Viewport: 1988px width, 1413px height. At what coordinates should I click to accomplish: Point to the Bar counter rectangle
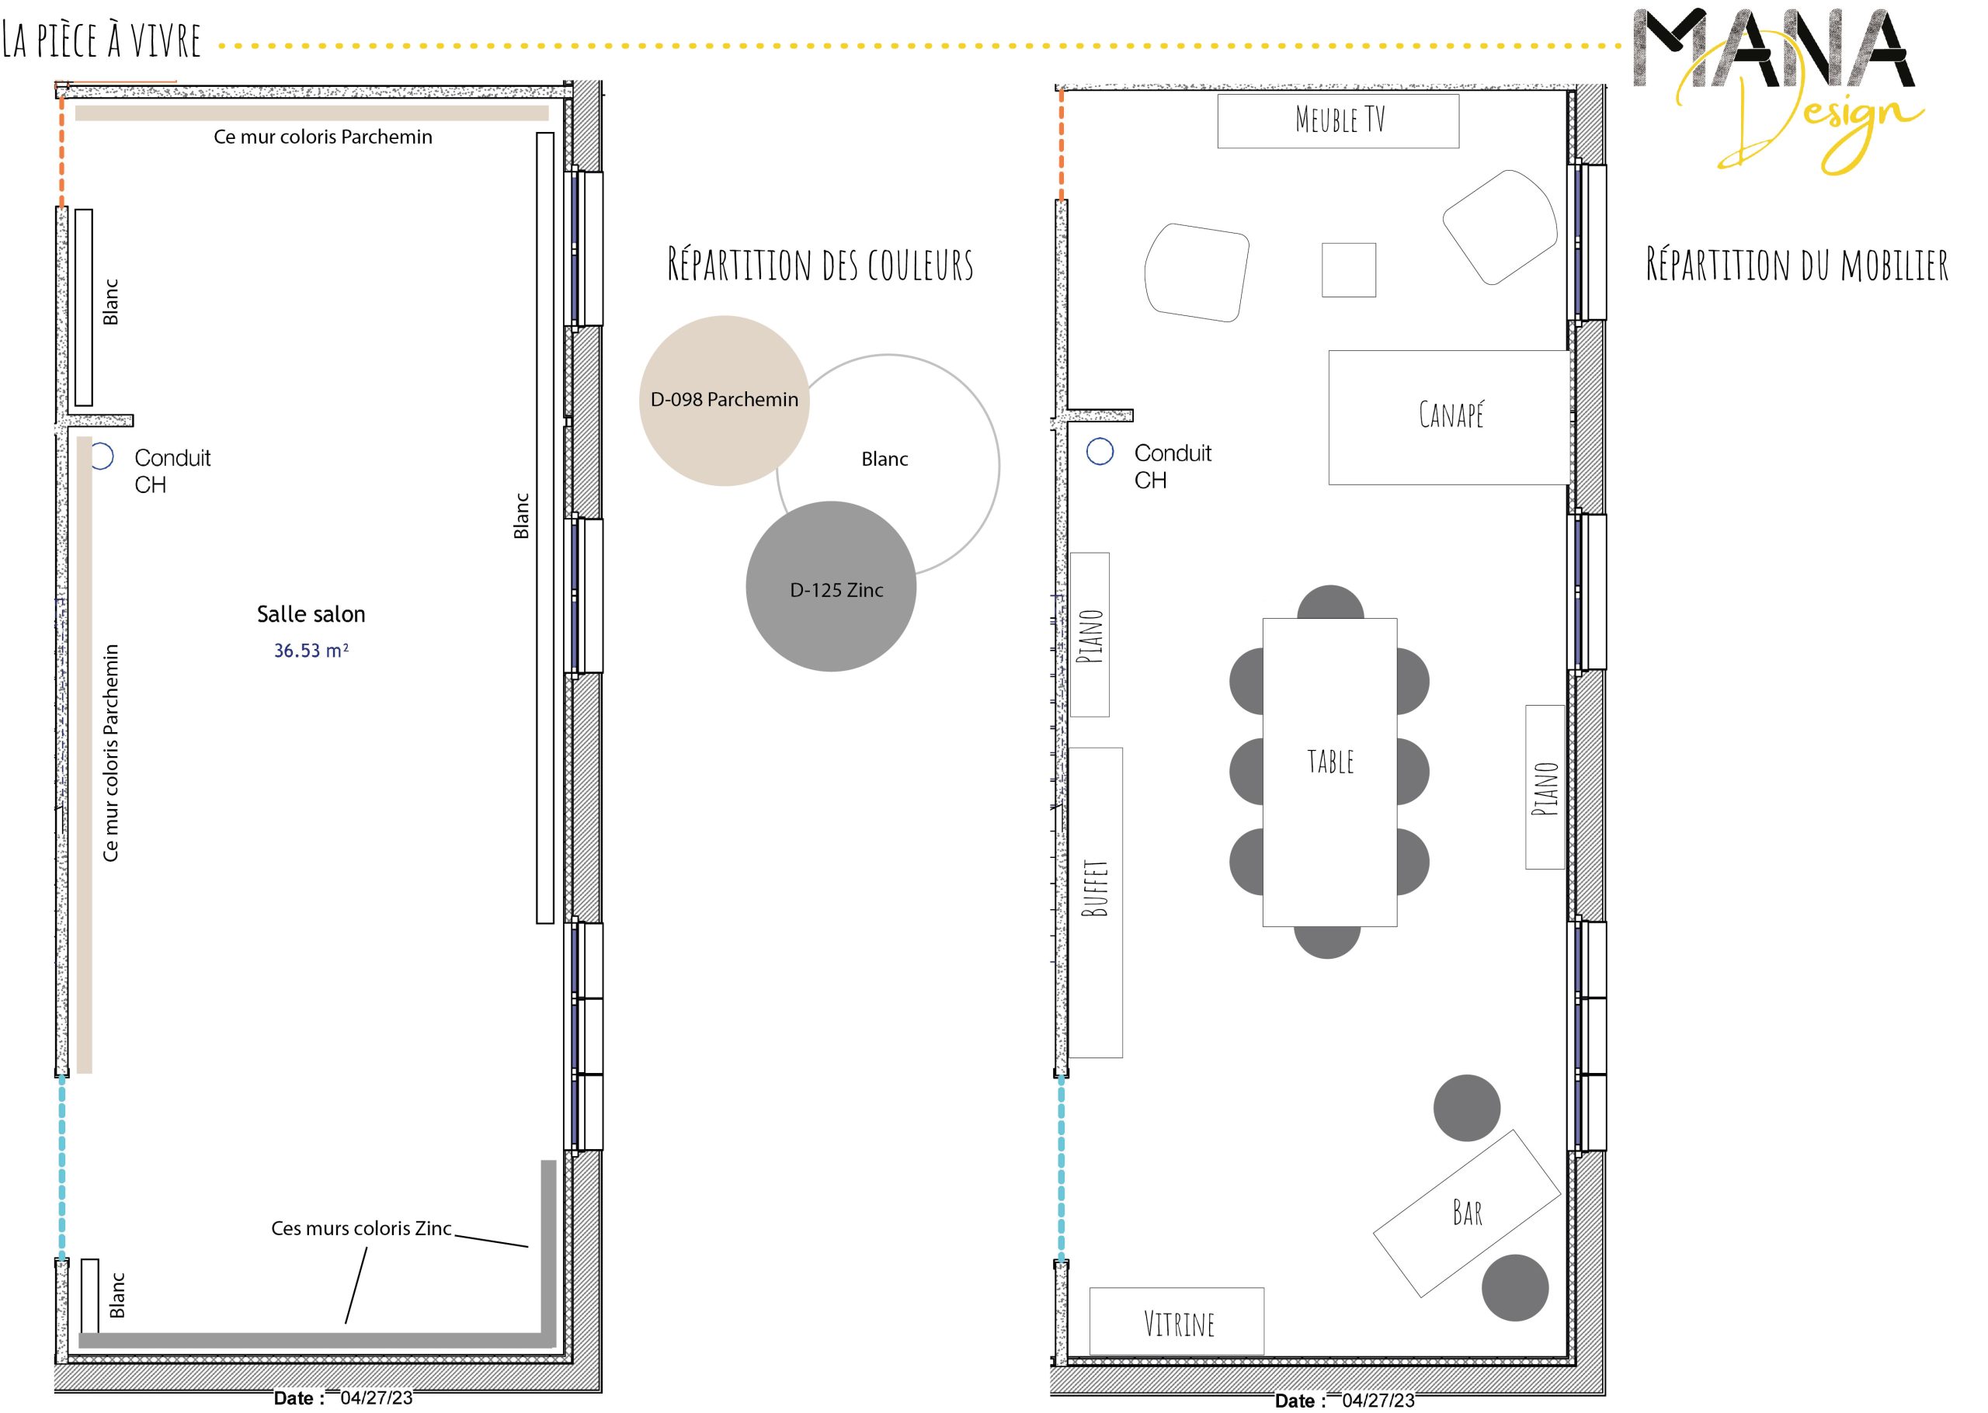pyautogui.click(x=1467, y=1213)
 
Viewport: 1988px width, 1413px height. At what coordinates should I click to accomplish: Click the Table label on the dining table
pyautogui.click(x=1330, y=762)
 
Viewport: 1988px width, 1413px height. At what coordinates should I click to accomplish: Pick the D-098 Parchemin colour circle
pyautogui.click(x=724, y=401)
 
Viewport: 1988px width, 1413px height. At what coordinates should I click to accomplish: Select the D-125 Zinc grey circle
pyautogui.click(x=831, y=586)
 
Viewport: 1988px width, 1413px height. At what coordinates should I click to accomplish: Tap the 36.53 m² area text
pyautogui.click(x=311, y=651)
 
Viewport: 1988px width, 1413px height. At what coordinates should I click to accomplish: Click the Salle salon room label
pyautogui.click(x=311, y=614)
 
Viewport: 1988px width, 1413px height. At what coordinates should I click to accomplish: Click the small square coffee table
pyautogui.click(x=1349, y=269)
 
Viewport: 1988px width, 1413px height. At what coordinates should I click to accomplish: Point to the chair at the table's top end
pyautogui.click(x=1330, y=602)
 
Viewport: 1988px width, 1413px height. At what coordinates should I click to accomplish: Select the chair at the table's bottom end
pyautogui.click(x=1327, y=943)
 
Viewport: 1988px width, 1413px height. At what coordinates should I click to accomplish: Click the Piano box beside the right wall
pyautogui.click(x=1545, y=786)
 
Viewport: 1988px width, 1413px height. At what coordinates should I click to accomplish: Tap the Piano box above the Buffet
pyautogui.click(x=1090, y=635)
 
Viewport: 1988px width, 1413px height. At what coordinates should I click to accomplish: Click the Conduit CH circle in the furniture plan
pyautogui.click(x=1100, y=451)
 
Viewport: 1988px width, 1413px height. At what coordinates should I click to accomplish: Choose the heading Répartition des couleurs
pyautogui.click(x=820, y=266)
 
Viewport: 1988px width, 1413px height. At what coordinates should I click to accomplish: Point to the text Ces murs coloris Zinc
pyautogui.click(x=361, y=1228)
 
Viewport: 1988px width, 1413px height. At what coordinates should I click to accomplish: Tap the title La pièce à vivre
pyautogui.click(x=101, y=40)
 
